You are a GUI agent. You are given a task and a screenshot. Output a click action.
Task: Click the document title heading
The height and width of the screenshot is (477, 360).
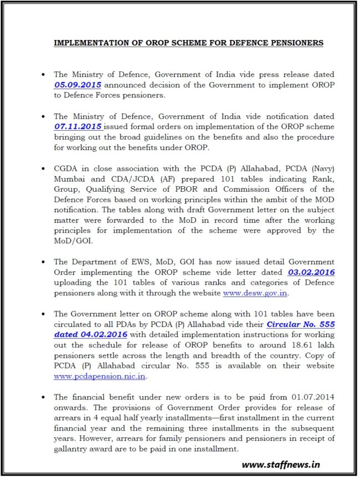pyautogui.click(x=189, y=43)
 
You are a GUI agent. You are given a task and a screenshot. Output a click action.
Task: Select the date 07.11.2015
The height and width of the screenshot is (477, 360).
pyautogui.click(x=78, y=127)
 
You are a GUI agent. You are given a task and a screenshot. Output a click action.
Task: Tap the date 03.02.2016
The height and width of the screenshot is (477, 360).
pyautogui.click(x=311, y=272)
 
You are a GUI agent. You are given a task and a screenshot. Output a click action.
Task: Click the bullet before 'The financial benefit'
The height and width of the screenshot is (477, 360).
pyautogui.click(x=43, y=398)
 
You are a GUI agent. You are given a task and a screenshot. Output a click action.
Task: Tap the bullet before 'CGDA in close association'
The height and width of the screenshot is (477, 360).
pyautogui.click(x=43, y=169)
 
